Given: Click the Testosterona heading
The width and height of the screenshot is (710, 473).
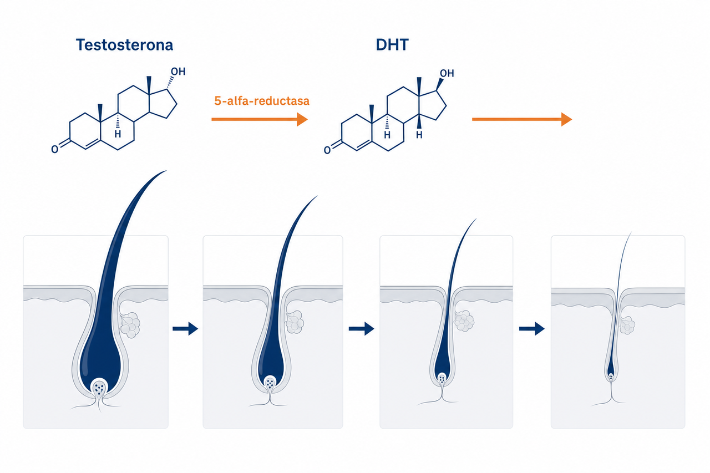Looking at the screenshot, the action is (x=124, y=45).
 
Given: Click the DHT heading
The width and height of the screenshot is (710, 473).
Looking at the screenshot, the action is (x=392, y=45).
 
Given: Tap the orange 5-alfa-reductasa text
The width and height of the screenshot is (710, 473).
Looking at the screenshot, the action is (x=262, y=101).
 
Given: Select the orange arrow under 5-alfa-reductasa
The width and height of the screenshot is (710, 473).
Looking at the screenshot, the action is (x=260, y=119).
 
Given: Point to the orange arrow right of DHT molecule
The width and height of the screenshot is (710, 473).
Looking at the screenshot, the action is (x=522, y=119).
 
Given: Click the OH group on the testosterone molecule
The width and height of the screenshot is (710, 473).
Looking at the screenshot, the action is (x=178, y=72).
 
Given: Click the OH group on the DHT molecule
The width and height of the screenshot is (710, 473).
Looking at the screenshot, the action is (x=447, y=74).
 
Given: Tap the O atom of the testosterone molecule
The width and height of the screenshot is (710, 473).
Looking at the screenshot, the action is (x=54, y=149).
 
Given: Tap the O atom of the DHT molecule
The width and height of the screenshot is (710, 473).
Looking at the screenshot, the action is (x=327, y=150).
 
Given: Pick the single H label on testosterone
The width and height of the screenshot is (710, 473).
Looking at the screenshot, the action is (x=118, y=134).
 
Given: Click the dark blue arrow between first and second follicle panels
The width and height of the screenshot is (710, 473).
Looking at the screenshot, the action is (x=185, y=328).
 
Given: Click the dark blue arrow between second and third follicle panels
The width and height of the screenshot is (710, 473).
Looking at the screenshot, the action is (x=361, y=328).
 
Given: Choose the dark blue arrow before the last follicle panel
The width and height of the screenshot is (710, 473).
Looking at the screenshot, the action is (x=532, y=328).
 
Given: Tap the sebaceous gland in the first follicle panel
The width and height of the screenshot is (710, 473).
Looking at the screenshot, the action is (x=130, y=325).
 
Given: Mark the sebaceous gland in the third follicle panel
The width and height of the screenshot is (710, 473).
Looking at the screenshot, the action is (x=464, y=321).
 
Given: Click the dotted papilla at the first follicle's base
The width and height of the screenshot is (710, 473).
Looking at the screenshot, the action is (x=99, y=388).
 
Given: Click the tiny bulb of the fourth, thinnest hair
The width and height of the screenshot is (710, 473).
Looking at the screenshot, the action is (x=611, y=370).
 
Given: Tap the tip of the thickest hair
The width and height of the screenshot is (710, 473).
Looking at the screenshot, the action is (x=166, y=171).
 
